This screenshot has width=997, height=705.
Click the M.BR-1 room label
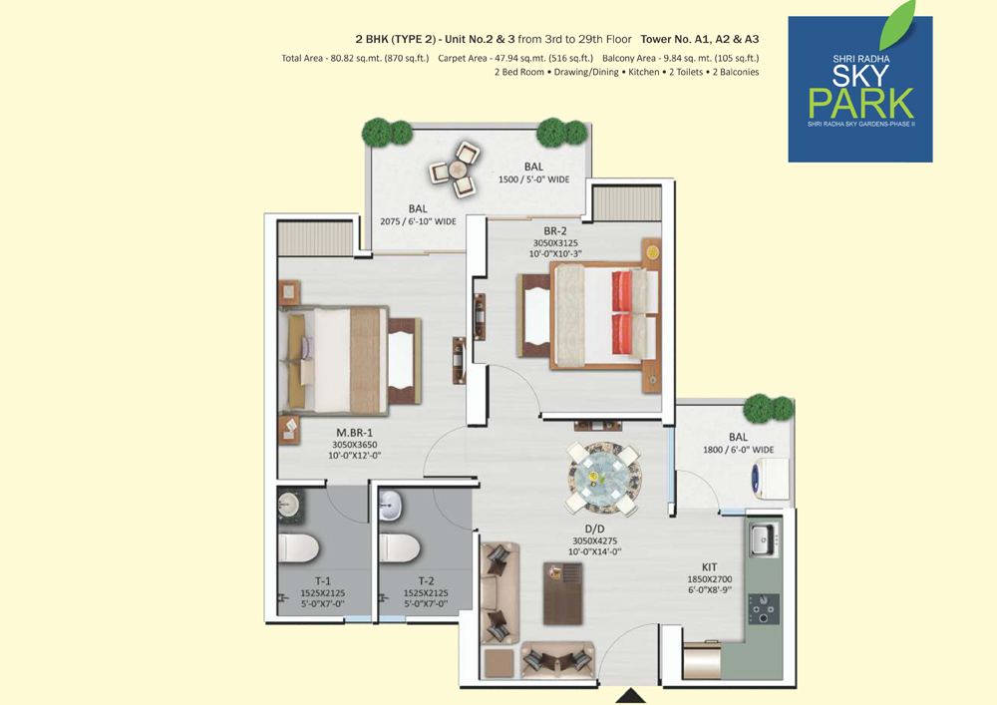tap(354, 433)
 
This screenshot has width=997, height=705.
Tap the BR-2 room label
tap(555, 231)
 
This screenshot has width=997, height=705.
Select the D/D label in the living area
tap(594, 529)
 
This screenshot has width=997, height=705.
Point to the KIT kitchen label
tap(709, 567)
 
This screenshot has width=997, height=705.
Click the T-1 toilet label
tap(323, 581)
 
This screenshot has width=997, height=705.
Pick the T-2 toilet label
tap(426, 581)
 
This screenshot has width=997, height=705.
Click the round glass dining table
tap(603, 478)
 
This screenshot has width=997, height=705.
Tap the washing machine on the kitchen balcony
tap(770, 476)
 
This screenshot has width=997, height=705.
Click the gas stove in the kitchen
tap(763, 608)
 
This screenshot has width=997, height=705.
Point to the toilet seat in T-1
tap(298, 548)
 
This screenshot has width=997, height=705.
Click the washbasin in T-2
tap(390, 505)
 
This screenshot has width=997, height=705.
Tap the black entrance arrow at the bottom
tap(631, 695)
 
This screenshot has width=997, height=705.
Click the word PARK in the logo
tap(861, 103)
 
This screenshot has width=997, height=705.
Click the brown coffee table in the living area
tap(562, 593)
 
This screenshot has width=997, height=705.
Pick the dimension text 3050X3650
tap(354, 445)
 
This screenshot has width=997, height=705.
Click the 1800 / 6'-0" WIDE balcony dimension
tap(738, 450)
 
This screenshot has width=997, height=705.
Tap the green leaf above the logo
tap(897, 26)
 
